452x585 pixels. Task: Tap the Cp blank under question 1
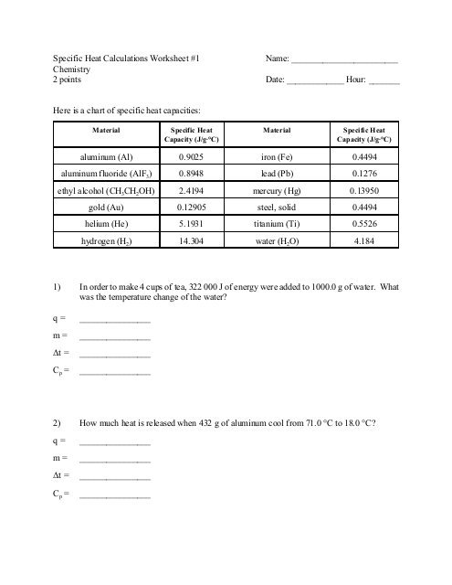(x=115, y=373)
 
